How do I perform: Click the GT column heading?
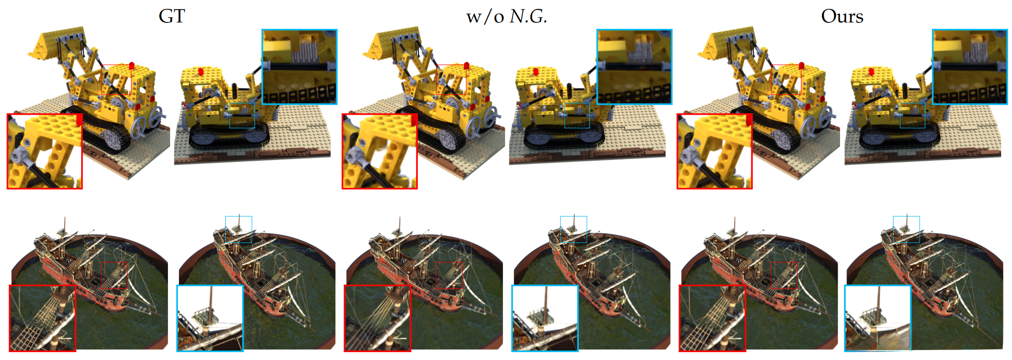pos(171,16)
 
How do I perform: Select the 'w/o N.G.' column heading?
pos(506,17)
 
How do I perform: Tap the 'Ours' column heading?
pos(842,16)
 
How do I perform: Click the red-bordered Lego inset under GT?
pos(44,151)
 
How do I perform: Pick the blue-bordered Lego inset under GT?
pos(299,67)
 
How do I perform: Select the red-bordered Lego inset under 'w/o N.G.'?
pos(379,151)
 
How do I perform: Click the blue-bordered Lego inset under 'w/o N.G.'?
pos(634,67)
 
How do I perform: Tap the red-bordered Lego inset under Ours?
pos(714,151)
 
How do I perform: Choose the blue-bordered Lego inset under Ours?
pos(970,67)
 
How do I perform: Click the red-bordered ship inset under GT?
pos(42,318)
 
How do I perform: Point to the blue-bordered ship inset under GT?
pos(210,318)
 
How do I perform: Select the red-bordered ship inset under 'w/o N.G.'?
pos(377,318)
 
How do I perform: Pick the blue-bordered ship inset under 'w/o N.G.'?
pos(545,318)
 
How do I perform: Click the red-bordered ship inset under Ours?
pos(712,318)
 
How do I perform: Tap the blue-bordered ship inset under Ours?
pos(877,318)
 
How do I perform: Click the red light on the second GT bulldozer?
pos(200,71)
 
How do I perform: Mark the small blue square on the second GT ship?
pos(238,229)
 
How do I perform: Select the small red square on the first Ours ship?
pos(784,275)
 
